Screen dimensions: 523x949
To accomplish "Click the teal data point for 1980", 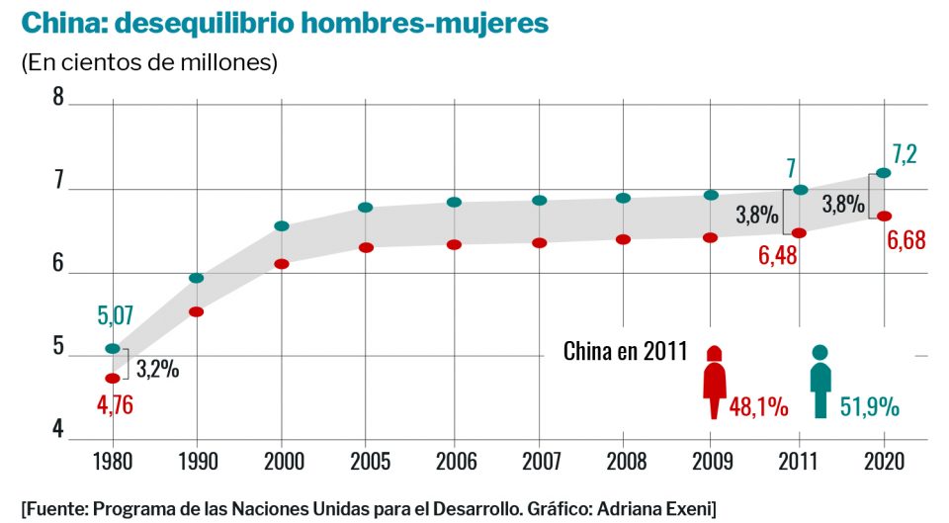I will click(x=113, y=349).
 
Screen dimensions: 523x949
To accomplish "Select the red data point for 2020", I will click(x=884, y=216).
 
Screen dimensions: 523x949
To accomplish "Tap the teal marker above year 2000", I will click(x=282, y=226).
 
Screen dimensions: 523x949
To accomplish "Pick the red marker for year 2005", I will click(x=366, y=247).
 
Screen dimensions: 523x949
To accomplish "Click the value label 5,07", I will click(x=115, y=317).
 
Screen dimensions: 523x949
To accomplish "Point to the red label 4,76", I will click(x=115, y=405).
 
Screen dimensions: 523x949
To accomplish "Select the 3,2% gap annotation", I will click(x=157, y=370).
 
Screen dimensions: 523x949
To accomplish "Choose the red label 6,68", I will click(x=906, y=240).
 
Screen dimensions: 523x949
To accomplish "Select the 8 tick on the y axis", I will click(x=58, y=97).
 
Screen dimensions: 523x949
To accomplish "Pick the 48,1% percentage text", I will click(x=760, y=405).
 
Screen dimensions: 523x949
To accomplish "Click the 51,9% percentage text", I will click(x=868, y=405).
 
